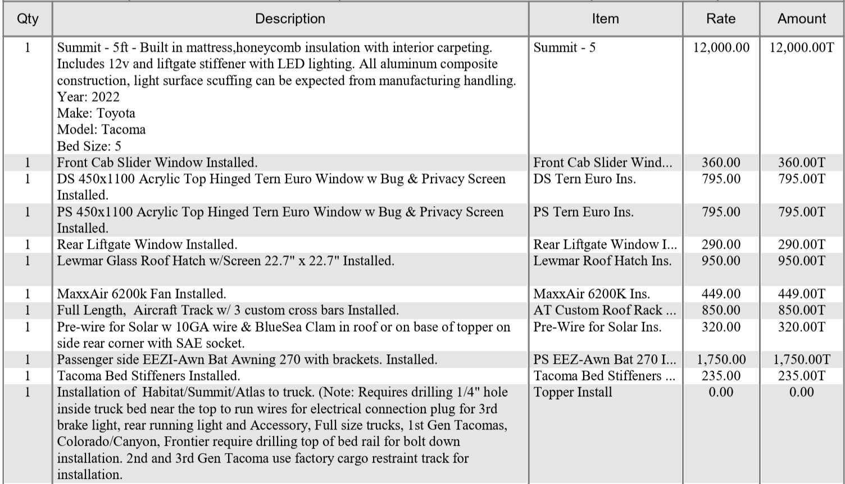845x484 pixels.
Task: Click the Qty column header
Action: (x=28, y=19)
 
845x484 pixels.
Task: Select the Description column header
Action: (x=290, y=19)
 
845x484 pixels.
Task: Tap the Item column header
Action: (x=605, y=19)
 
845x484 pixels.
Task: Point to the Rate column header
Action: (x=721, y=19)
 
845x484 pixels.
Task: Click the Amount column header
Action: (x=802, y=19)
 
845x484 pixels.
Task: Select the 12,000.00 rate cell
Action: (x=721, y=48)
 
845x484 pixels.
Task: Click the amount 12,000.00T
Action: (x=802, y=48)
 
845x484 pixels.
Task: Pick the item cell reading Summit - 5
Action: (x=565, y=48)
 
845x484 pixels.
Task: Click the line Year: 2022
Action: (x=88, y=97)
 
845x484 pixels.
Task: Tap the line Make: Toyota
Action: (x=96, y=113)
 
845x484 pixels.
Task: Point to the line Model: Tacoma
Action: (x=101, y=130)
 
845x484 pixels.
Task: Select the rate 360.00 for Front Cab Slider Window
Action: (x=721, y=163)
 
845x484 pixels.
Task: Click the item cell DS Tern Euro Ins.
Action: (x=584, y=179)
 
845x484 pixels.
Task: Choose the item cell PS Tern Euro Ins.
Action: (x=583, y=212)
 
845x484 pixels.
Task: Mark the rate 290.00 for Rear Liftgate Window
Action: (x=721, y=245)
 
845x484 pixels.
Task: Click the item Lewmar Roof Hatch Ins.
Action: (x=602, y=261)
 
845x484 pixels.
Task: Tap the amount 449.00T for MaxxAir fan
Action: (x=802, y=294)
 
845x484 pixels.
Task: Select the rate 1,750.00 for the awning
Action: (x=721, y=360)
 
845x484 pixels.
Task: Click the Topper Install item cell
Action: (x=573, y=392)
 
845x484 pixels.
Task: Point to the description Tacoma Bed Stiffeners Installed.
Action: (x=148, y=376)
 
